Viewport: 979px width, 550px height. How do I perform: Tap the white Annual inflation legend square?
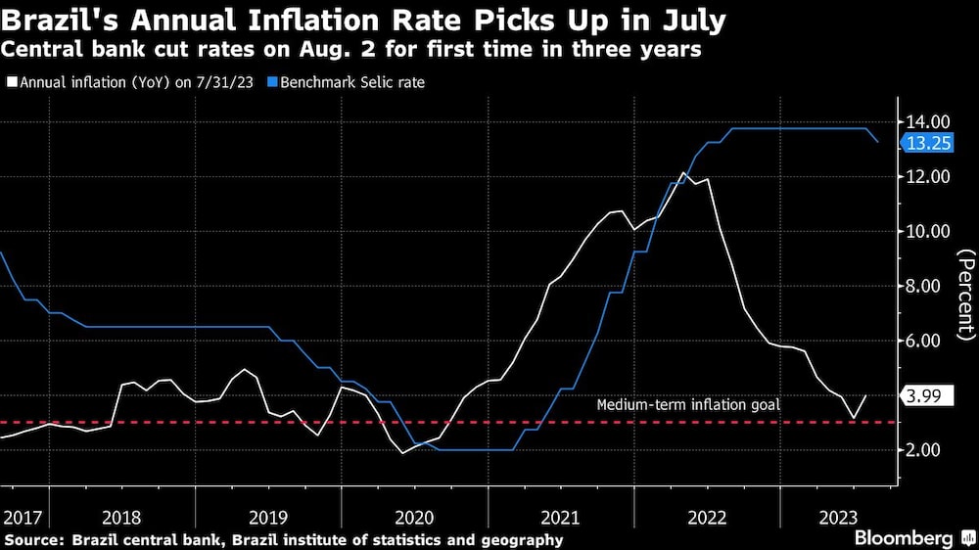point(11,83)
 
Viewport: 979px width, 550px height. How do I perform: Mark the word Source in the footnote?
point(31,539)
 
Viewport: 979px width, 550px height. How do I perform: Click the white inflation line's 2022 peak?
point(683,173)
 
